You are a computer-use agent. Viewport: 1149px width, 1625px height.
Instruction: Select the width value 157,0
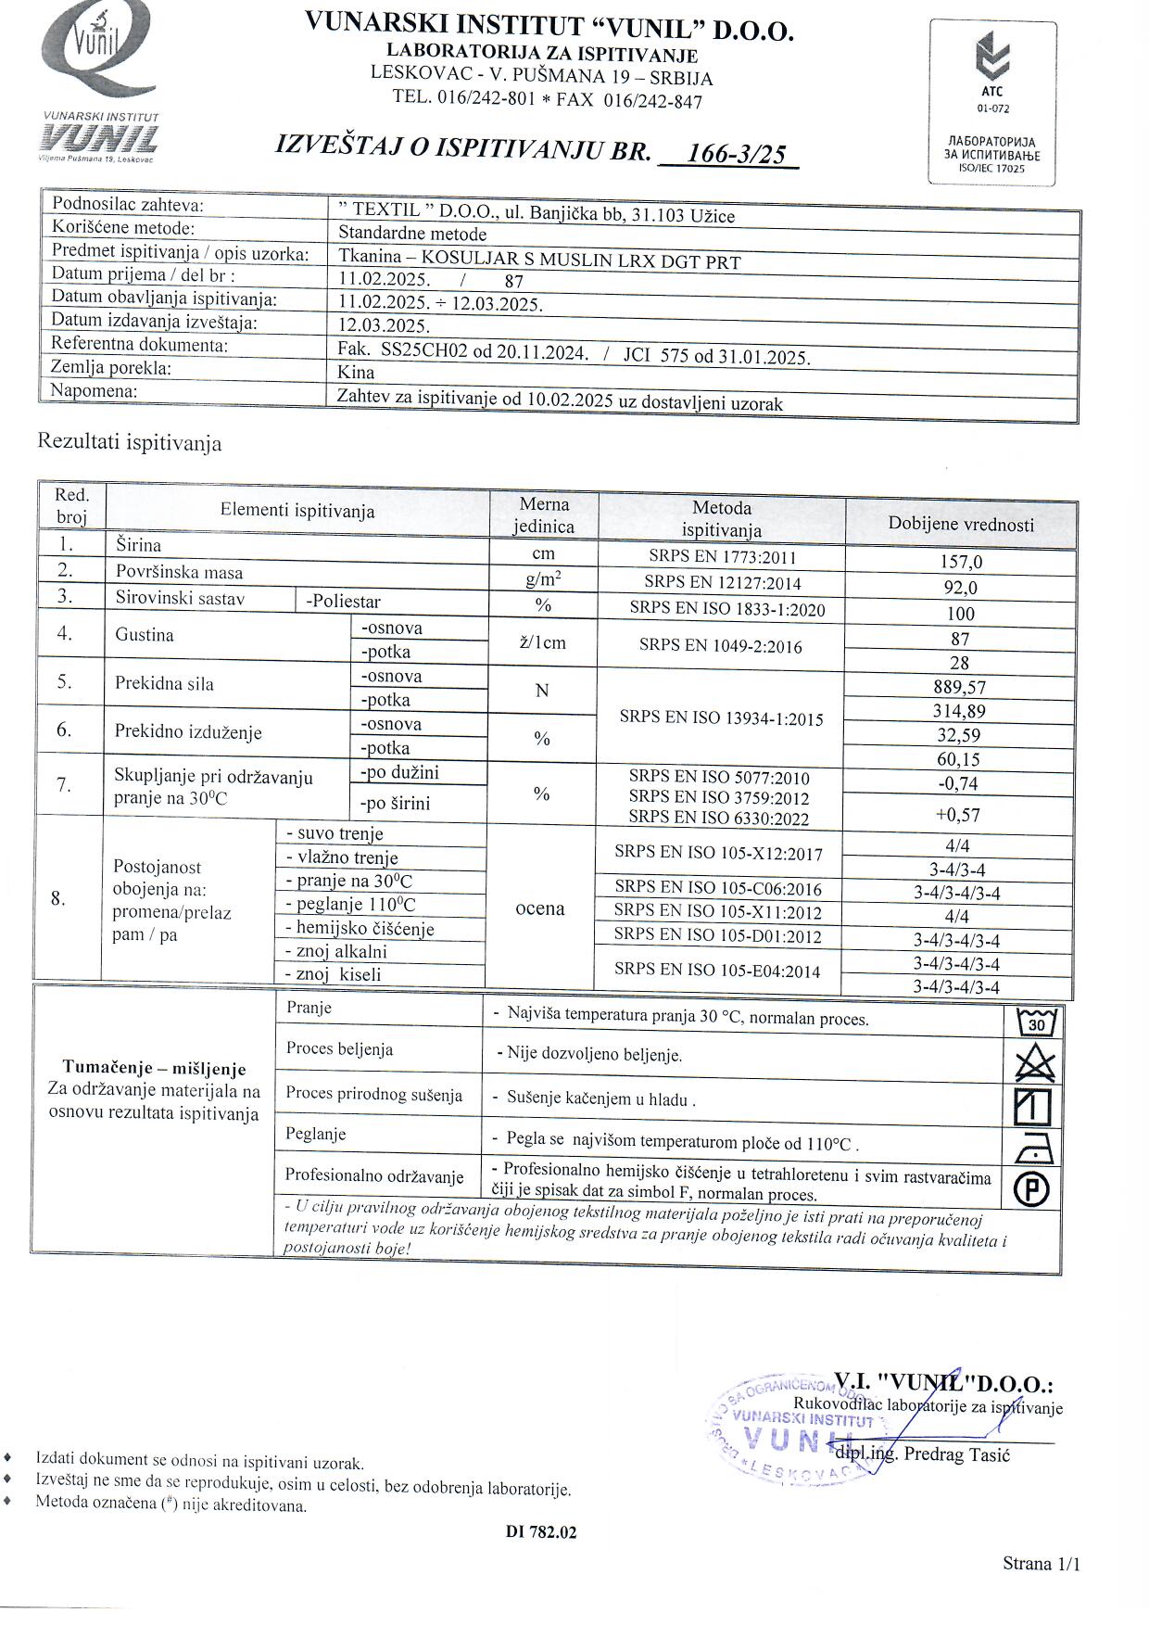click(960, 562)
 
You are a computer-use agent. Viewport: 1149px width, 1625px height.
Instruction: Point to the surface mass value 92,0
click(960, 588)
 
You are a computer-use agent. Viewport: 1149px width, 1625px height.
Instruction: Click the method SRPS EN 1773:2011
click(722, 557)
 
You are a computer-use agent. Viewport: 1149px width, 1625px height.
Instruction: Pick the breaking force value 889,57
click(960, 687)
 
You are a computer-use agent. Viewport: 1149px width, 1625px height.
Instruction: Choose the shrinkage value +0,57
click(958, 815)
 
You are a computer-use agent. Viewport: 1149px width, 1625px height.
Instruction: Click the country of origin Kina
click(357, 373)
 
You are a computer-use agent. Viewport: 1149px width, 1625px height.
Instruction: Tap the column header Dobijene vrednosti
click(961, 524)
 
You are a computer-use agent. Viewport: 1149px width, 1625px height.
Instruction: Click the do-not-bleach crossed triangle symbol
click(1034, 1062)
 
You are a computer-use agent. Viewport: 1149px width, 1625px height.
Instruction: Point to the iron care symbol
click(1033, 1149)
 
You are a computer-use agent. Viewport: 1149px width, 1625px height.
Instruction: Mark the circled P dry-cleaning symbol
click(1032, 1190)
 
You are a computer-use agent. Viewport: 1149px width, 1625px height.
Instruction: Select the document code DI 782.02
click(541, 1532)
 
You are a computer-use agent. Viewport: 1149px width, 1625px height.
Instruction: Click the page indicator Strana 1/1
click(1041, 1564)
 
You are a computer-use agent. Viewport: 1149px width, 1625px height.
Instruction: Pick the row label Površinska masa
click(180, 573)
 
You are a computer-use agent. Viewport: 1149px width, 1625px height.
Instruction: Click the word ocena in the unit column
click(540, 908)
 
